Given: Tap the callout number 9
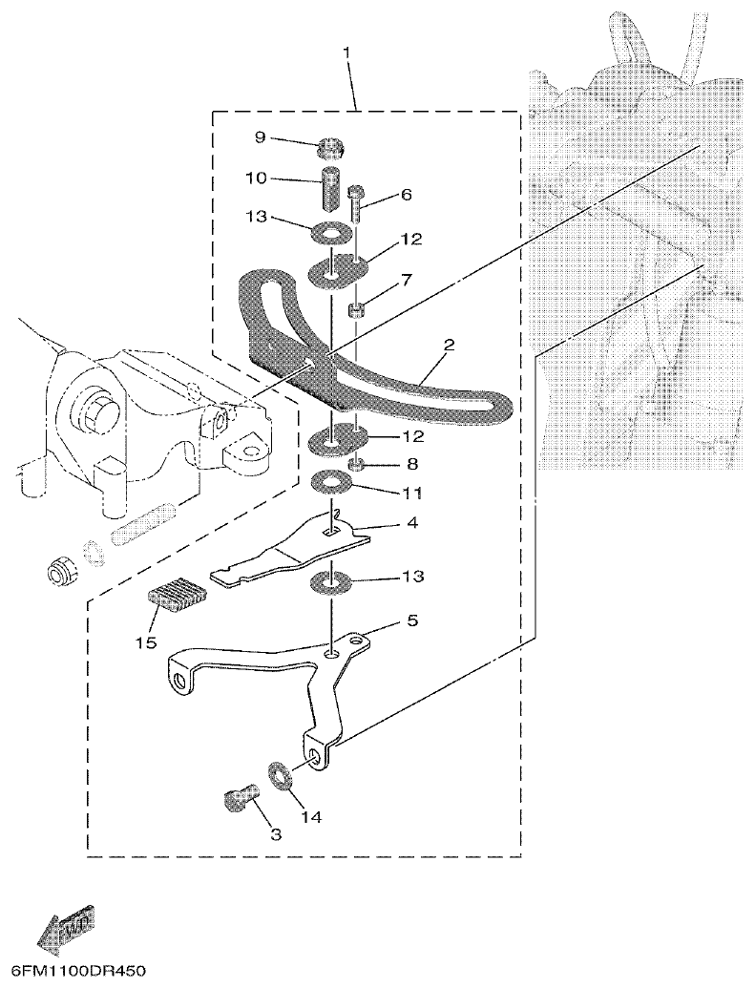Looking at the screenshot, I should point(260,137).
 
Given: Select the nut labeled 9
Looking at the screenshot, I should point(329,148).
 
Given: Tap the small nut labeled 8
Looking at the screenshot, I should point(354,465).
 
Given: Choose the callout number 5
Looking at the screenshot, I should point(412,620).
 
